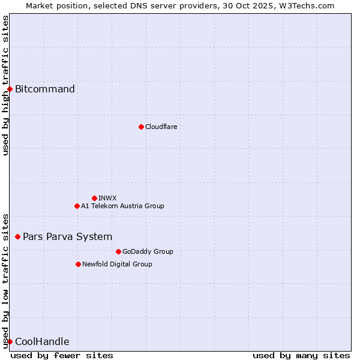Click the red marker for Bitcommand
[x=10, y=89]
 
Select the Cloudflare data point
[x=141, y=127]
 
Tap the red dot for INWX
[x=94, y=198]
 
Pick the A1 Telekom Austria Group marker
[x=77, y=206]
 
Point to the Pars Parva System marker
[x=17, y=237]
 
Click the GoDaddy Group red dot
[x=118, y=251]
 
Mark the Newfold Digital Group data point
[x=78, y=264]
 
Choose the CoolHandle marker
[x=10, y=342]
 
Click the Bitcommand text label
[x=45, y=89]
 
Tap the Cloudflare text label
[x=161, y=127]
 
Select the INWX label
[x=107, y=198]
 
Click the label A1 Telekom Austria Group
[x=122, y=206]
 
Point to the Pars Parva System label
[x=67, y=237]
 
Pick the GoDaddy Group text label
[x=148, y=251]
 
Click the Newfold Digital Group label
[x=117, y=264]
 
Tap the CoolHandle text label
[x=42, y=342]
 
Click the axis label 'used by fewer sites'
[x=62, y=355]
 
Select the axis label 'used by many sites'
[x=301, y=355]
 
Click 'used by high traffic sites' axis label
[x=5, y=85]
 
